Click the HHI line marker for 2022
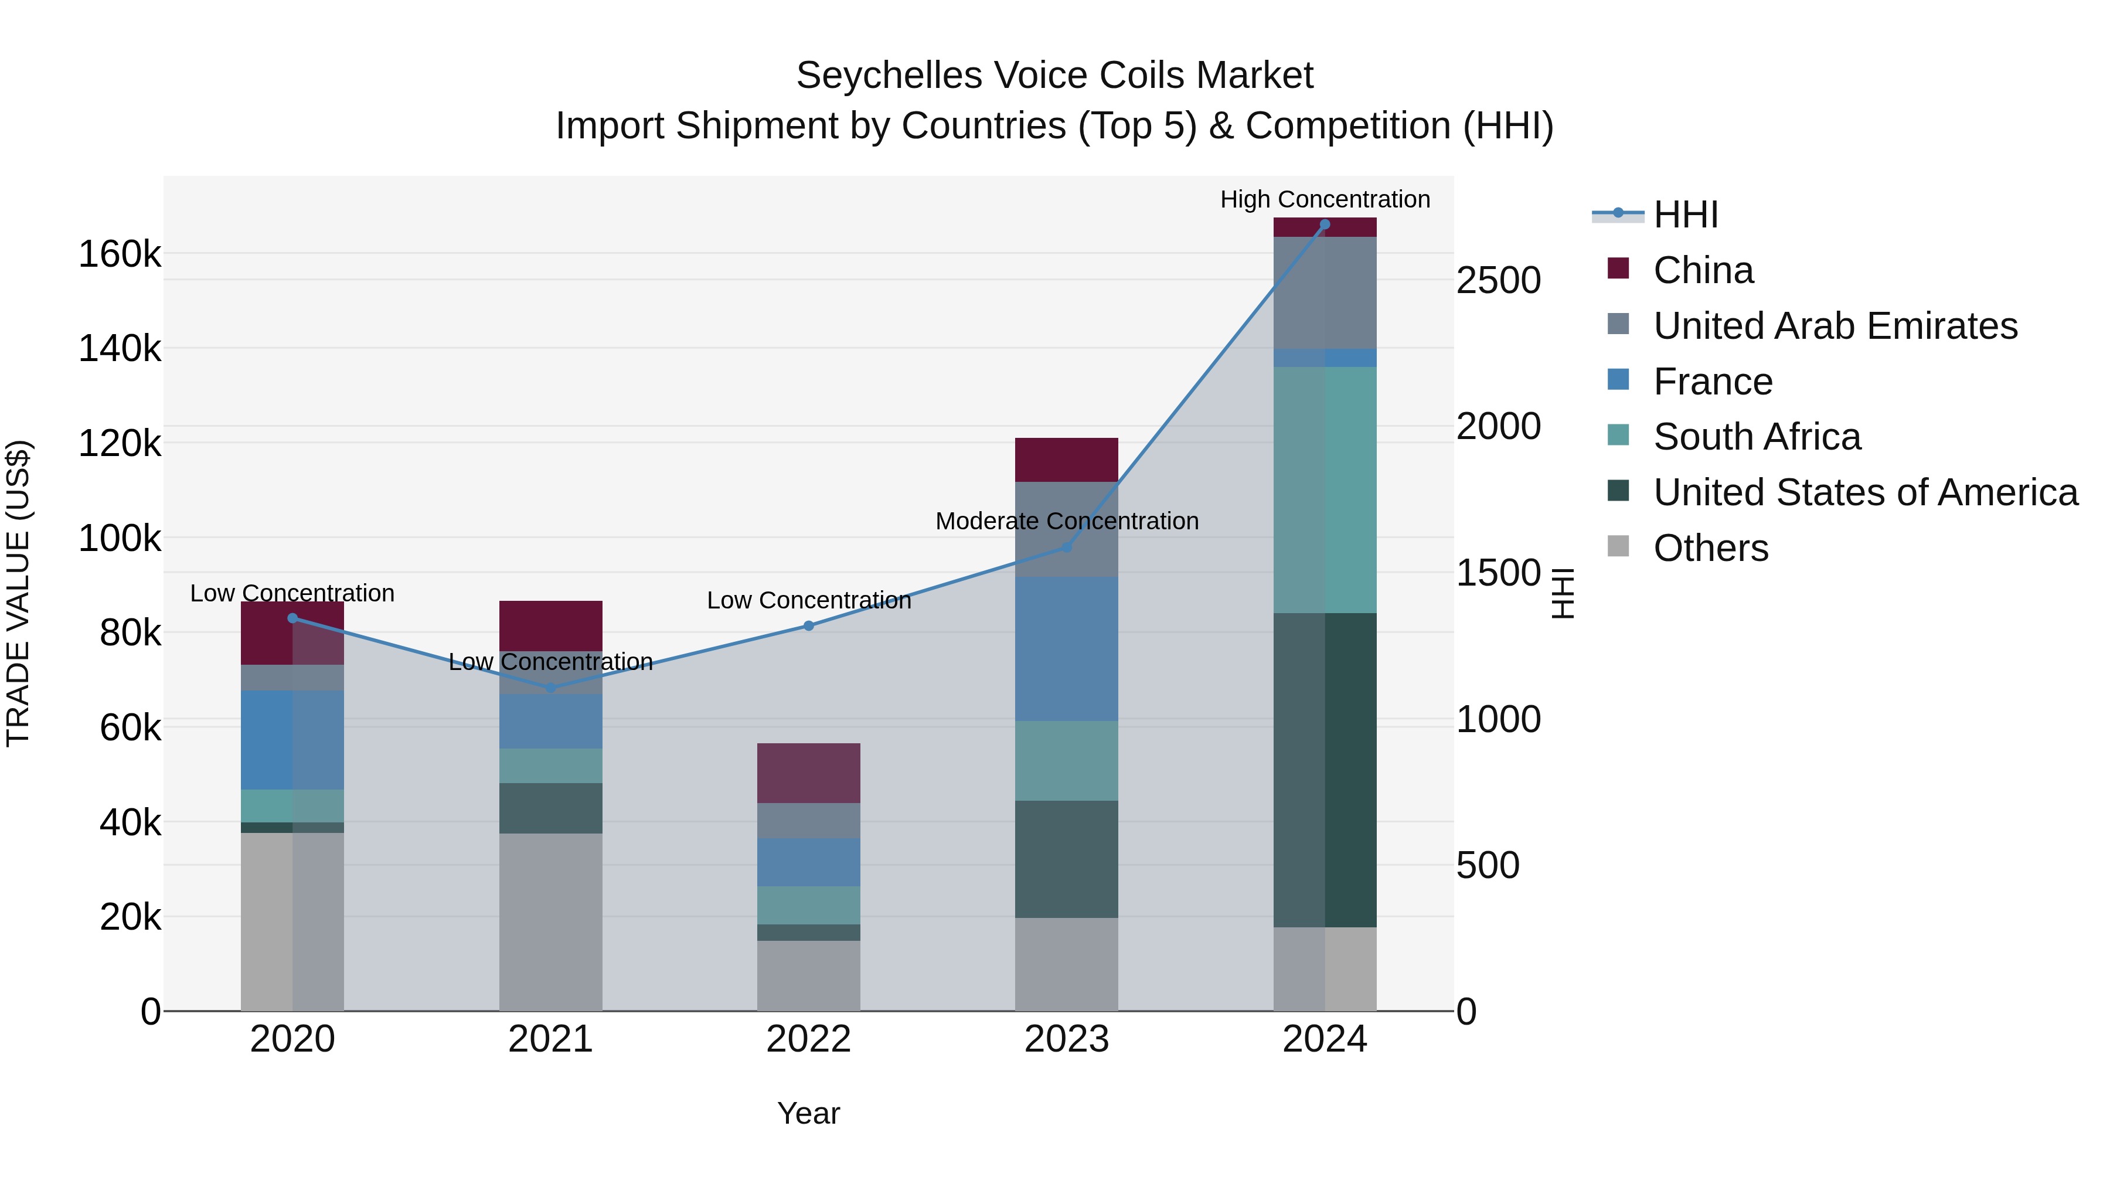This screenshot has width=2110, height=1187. point(808,626)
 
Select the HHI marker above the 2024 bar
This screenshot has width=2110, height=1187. point(1325,225)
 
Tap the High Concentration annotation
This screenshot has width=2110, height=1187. point(1325,199)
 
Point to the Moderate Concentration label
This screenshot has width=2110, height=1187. point(1067,521)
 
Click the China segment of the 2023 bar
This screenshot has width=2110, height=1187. point(1067,460)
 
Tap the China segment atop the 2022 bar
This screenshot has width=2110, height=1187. point(808,773)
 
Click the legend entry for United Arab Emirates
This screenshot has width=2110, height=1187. point(1835,326)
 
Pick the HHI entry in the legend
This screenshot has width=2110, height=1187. point(1685,215)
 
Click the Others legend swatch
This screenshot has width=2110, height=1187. point(1618,546)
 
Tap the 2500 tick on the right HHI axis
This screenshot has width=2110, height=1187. point(1498,280)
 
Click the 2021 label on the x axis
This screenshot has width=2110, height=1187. point(550,1039)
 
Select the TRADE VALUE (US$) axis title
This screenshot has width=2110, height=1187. point(18,593)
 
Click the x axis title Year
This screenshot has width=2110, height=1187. point(808,1113)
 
